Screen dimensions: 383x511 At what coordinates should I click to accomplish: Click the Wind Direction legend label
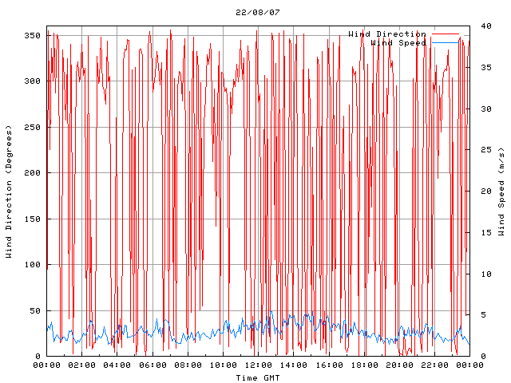coord(387,34)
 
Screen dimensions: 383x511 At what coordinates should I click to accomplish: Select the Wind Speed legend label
coord(398,42)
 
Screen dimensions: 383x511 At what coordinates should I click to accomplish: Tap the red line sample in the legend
coord(446,34)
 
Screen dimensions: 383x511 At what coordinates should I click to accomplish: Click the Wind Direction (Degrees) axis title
coord(9,191)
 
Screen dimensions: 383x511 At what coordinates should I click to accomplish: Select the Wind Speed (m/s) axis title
coord(501,191)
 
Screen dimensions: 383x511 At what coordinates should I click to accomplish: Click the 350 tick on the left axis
coord(32,35)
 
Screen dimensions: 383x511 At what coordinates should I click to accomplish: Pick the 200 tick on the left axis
coord(32,173)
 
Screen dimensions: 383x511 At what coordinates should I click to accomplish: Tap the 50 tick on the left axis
coord(34,311)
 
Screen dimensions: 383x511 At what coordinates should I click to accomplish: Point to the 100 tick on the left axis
coord(32,265)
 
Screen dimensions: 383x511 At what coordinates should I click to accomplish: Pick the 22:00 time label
coord(434,365)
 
